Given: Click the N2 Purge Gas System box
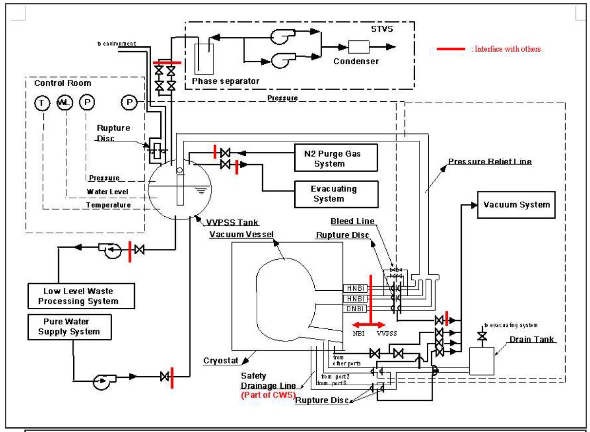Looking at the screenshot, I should pyautogui.click(x=336, y=158).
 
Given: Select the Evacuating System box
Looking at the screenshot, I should pyautogui.click(x=336, y=194).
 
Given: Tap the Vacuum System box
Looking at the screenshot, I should pyautogui.click(x=516, y=205).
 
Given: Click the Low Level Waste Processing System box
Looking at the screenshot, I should pyautogui.click(x=80, y=296).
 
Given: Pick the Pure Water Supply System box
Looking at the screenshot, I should pyautogui.click(x=70, y=327).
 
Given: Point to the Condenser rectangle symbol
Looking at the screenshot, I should pyautogui.click(x=359, y=47).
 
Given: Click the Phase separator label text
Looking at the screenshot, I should pyautogui.click(x=226, y=81).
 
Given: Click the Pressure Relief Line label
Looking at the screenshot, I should pyautogui.click(x=490, y=161).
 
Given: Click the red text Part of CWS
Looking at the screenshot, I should pyautogui.click(x=268, y=395).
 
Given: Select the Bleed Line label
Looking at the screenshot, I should pyautogui.click(x=352, y=222).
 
